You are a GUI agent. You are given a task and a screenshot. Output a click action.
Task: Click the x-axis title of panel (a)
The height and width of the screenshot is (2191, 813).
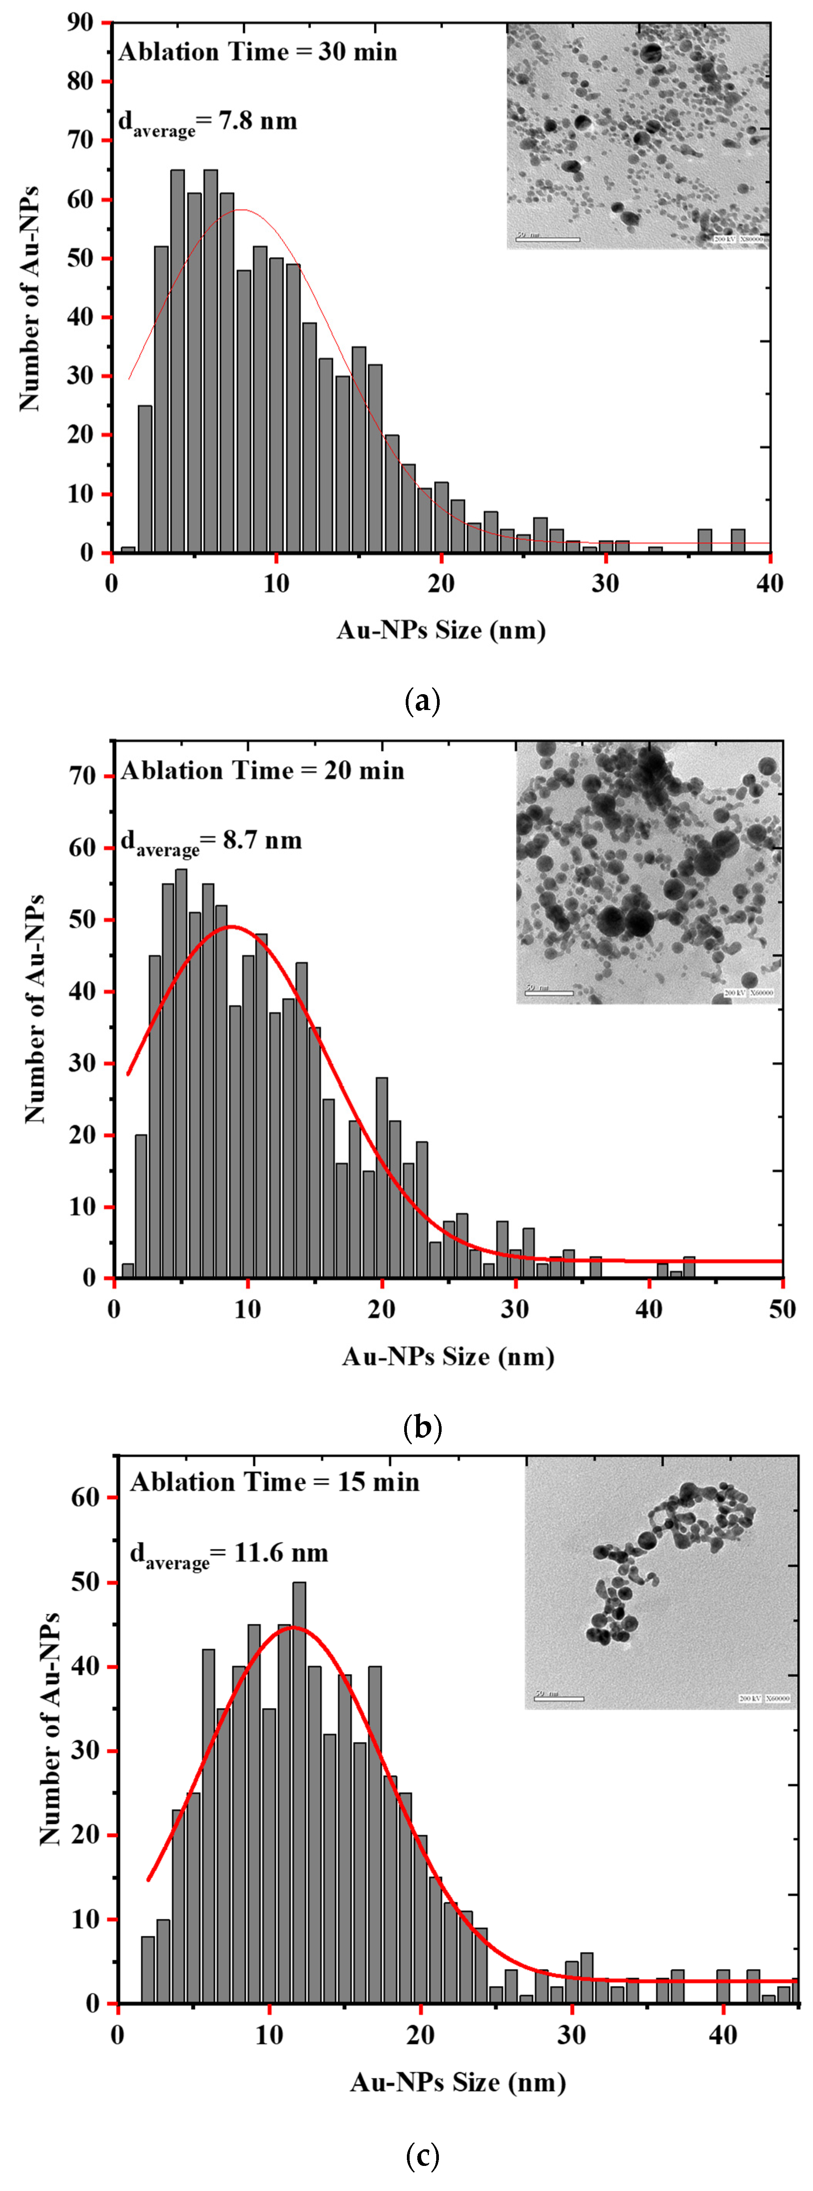440,630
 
